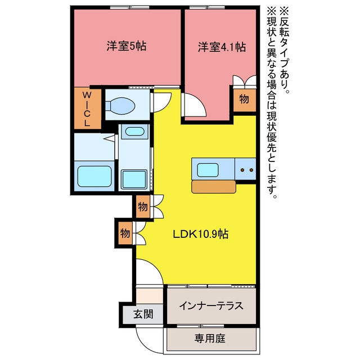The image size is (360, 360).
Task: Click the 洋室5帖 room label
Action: (x=127, y=46)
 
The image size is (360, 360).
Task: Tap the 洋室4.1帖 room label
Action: (x=222, y=47)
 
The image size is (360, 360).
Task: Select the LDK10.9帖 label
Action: (x=200, y=234)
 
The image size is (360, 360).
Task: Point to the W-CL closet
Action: (x=88, y=109)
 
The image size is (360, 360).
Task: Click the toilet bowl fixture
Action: (x=120, y=106)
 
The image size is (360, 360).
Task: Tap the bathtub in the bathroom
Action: (x=94, y=176)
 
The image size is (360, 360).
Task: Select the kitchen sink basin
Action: (x=208, y=170)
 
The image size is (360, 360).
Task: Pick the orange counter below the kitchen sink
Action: (x=214, y=187)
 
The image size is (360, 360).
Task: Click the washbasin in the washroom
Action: (x=134, y=132)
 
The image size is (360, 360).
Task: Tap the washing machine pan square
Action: (x=134, y=179)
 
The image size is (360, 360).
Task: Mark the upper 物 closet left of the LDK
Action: (x=143, y=206)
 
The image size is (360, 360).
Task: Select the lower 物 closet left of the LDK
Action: (x=125, y=233)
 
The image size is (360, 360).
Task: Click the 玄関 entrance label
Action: (x=143, y=314)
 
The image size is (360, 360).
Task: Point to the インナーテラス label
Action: (x=211, y=305)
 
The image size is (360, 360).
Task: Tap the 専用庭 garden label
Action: (x=210, y=338)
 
